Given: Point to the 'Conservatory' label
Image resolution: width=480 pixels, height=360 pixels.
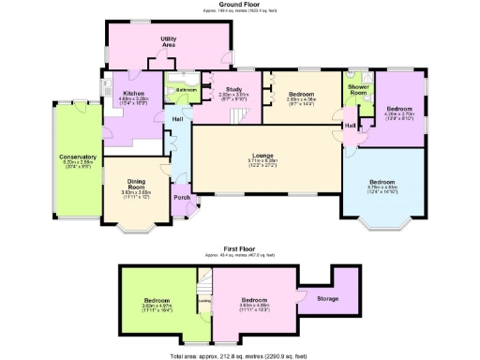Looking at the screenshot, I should tap(78, 157).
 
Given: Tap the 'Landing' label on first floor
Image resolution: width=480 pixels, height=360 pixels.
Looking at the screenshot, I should tap(203, 301).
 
